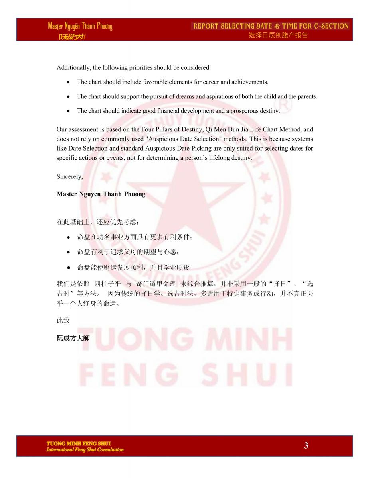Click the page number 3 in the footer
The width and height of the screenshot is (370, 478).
(306, 445)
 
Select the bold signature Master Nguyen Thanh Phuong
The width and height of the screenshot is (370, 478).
(101, 194)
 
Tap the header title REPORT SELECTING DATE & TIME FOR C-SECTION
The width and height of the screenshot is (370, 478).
(271, 26)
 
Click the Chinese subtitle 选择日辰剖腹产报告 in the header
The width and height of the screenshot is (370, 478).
(278, 35)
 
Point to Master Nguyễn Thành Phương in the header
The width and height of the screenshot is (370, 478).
(80, 27)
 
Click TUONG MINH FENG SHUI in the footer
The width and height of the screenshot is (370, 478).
(79, 443)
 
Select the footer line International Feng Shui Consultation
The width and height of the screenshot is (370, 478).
(85, 450)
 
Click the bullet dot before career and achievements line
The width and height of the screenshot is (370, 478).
(69, 82)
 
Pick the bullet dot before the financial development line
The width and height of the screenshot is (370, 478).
(69, 111)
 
